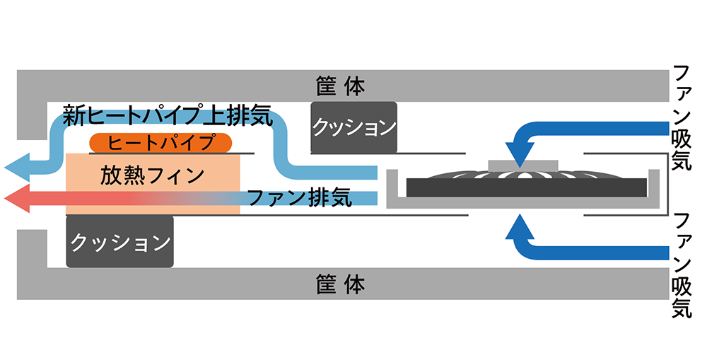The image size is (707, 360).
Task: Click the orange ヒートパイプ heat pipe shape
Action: [x=161, y=142]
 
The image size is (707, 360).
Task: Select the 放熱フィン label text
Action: [x=153, y=173]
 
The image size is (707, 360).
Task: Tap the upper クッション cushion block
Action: [x=353, y=128]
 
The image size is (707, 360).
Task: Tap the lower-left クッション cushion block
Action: [x=119, y=242]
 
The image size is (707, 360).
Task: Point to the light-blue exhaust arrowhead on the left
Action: [x=18, y=168]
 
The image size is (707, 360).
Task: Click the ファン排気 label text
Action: [x=298, y=199]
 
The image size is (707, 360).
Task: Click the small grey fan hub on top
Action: [x=523, y=165]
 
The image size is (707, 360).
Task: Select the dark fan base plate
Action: [x=523, y=187]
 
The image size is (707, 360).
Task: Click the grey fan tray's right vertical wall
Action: [x=663, y=190]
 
